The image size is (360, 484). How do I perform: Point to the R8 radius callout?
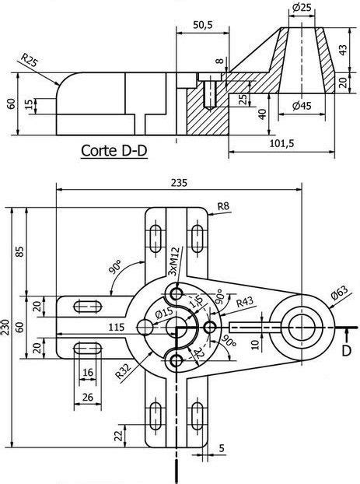coord(223,206)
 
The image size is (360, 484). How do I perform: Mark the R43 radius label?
coord(245,301)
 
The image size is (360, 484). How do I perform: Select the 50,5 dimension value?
coord(202,26)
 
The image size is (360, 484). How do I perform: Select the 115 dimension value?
coord(117,326)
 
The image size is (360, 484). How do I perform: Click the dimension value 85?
coord(21,251)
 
